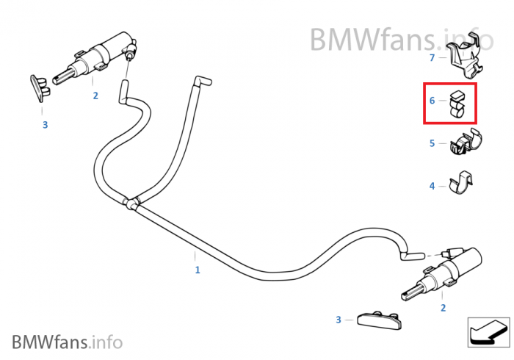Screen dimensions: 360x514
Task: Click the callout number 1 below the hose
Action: coord(197,270)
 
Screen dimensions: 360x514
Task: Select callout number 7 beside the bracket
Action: coord(432,57)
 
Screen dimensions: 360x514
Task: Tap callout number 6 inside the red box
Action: coord(432,100)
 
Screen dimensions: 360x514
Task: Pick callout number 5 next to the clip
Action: coord(432,143)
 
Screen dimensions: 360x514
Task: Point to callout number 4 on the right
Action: coord(432,186)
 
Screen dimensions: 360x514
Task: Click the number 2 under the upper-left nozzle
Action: coord(95,96)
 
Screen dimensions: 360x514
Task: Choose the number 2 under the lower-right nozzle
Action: coord(442,308)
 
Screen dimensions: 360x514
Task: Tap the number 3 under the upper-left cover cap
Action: coord(45,125)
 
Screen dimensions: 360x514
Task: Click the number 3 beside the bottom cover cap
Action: coord(339,320)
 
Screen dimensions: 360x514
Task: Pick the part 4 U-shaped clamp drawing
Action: coord(461,183)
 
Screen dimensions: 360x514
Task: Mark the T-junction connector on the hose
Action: coord(133,202)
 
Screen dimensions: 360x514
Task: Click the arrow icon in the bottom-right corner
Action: coord(488,332)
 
